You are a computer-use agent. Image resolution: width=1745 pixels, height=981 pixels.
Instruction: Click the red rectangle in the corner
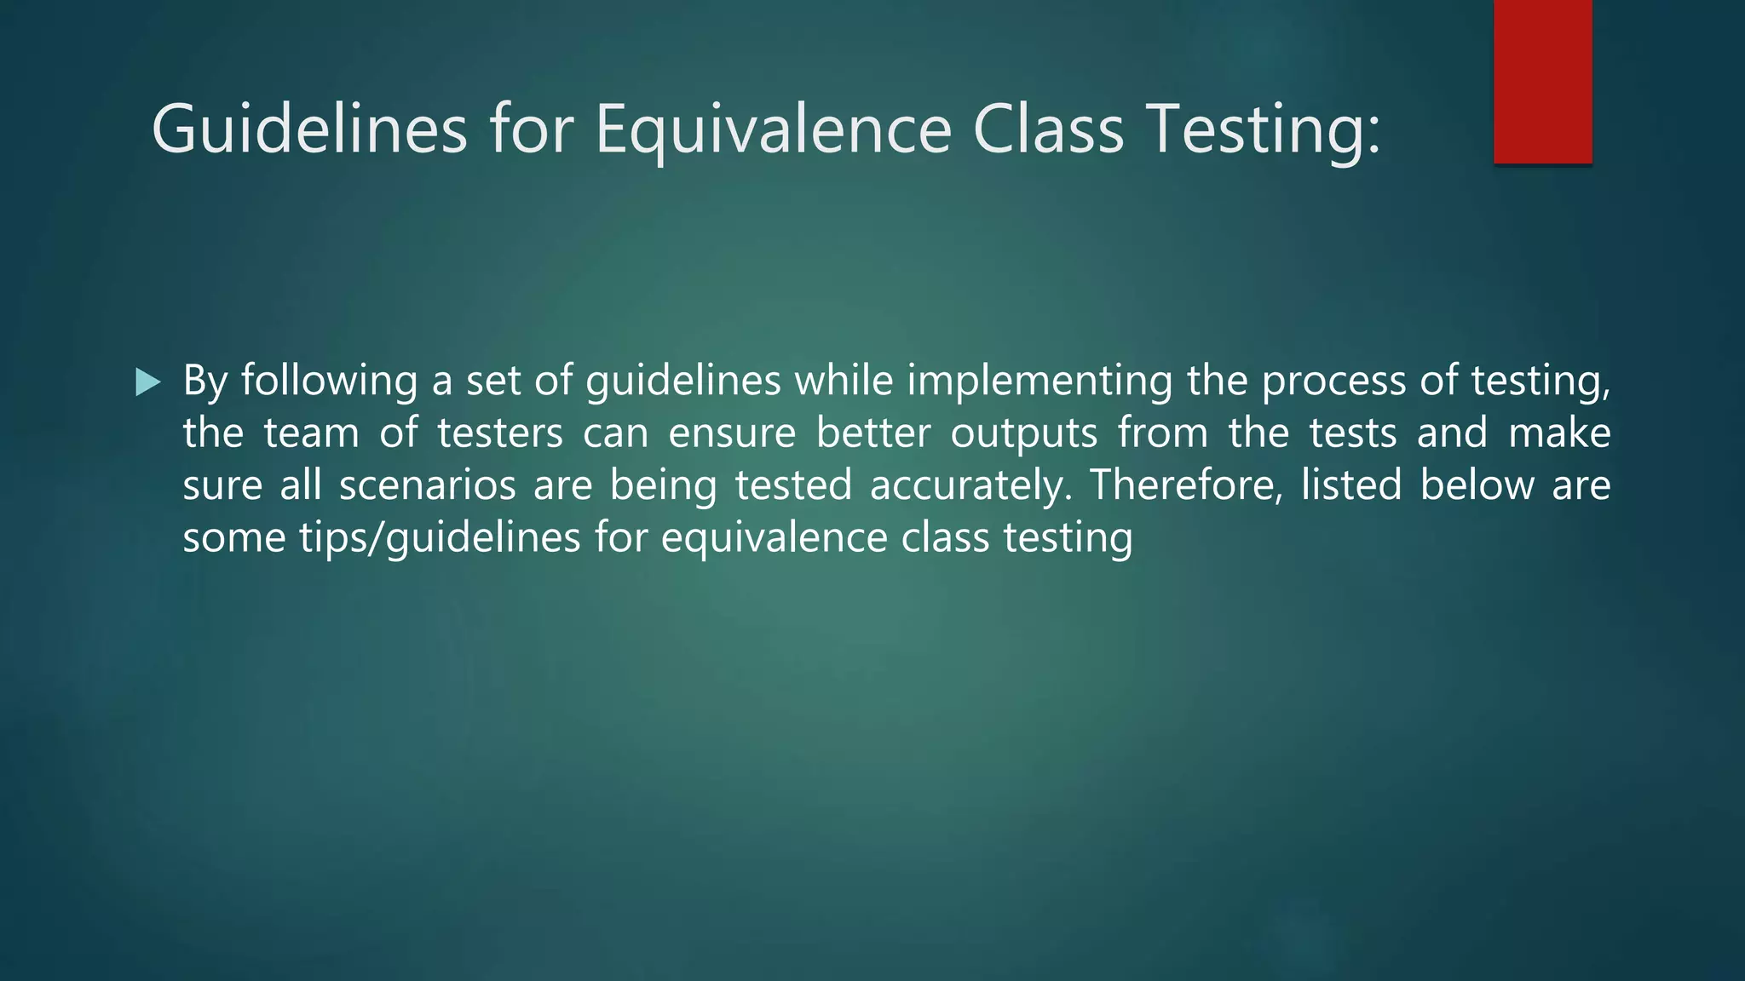click(x=1542, y=81)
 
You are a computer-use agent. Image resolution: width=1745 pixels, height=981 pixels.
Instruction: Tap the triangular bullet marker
click(x=147, y=382)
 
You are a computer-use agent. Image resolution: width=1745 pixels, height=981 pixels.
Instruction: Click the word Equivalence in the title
click(x=773, y=129)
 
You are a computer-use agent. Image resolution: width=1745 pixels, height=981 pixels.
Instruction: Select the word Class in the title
click(x=1048, y=129)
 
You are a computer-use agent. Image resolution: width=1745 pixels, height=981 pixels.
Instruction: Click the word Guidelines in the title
click(x=309, y=129)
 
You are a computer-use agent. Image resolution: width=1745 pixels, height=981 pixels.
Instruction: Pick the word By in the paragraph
click(x=204, y=381)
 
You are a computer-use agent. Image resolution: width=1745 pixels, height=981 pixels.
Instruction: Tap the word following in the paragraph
click(x=329, y=381)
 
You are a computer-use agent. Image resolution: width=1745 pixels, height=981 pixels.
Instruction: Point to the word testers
click(x=500, y=433)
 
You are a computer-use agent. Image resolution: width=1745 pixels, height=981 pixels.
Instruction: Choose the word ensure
click(x=732, y=433)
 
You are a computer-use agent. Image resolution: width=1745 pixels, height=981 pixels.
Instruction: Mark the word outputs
click(x=1024, y=433)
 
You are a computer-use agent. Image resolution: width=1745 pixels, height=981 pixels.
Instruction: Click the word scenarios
click(x=428, y=485)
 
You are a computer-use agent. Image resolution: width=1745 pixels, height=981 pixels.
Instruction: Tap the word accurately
click(x=970, y=485)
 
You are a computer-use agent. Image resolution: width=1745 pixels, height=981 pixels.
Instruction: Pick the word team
click(x=311, y=433)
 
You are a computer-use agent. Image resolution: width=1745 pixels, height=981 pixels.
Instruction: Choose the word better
click(x=873, y=433)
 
